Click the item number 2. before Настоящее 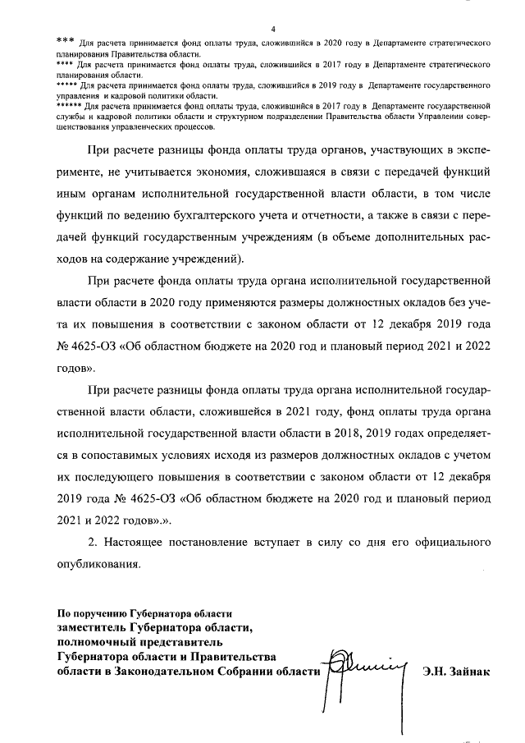[x=94, y=543]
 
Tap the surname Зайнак [x=469, y=672]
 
